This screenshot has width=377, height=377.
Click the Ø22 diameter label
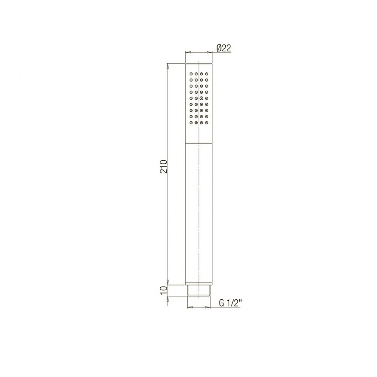click(x=223, y=48)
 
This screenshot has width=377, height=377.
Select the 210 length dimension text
click(x=164, y=166)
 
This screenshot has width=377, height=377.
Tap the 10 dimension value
click(x=164, y=290)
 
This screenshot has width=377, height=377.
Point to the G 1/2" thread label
click(x=230, y=304)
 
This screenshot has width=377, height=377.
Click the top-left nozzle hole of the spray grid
click(x=191, y=74)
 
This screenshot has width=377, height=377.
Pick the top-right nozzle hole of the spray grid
click(x=206, y=74)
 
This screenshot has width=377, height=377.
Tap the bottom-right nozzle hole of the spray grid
click(x=206, y=122)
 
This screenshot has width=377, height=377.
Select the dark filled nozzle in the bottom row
click(x=196, y=122)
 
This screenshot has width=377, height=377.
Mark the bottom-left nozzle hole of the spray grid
click(x=191, y=122)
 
